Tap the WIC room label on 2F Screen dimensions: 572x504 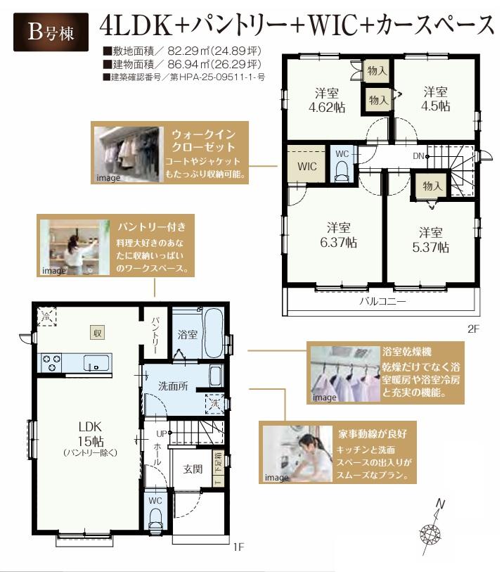click(306, 167)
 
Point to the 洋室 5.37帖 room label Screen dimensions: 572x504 click(431, 239)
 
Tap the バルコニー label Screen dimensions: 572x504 click(382, 300)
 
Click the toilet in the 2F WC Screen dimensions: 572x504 click(342, 169)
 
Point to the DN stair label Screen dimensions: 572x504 click(418, 155)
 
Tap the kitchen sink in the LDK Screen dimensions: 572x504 click(95, 363)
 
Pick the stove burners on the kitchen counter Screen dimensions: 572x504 click(52, 363)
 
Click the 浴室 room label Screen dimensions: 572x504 click(186, 335)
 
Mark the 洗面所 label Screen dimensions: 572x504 click(172, 386)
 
